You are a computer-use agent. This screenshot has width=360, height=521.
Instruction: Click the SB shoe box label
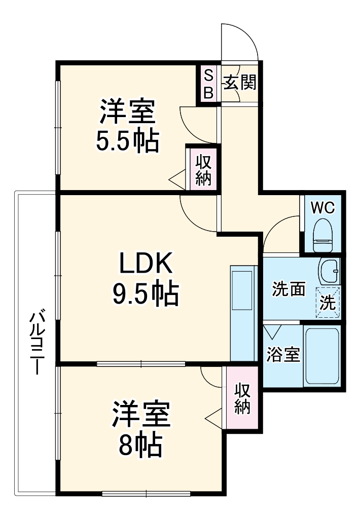coord(208,84)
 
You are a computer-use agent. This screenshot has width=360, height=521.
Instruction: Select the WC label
coord(323,208)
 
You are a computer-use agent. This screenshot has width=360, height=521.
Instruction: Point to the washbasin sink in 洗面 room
coord(330,271)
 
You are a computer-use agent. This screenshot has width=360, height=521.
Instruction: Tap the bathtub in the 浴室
coord(322,356)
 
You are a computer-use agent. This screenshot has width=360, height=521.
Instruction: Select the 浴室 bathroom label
coord(283,355)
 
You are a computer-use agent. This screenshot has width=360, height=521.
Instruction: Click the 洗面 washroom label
coord(289,289)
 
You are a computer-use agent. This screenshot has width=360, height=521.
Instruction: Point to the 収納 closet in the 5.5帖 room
coord(203,170)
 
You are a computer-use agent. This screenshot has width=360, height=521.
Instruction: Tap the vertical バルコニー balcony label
coord(37,343)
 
